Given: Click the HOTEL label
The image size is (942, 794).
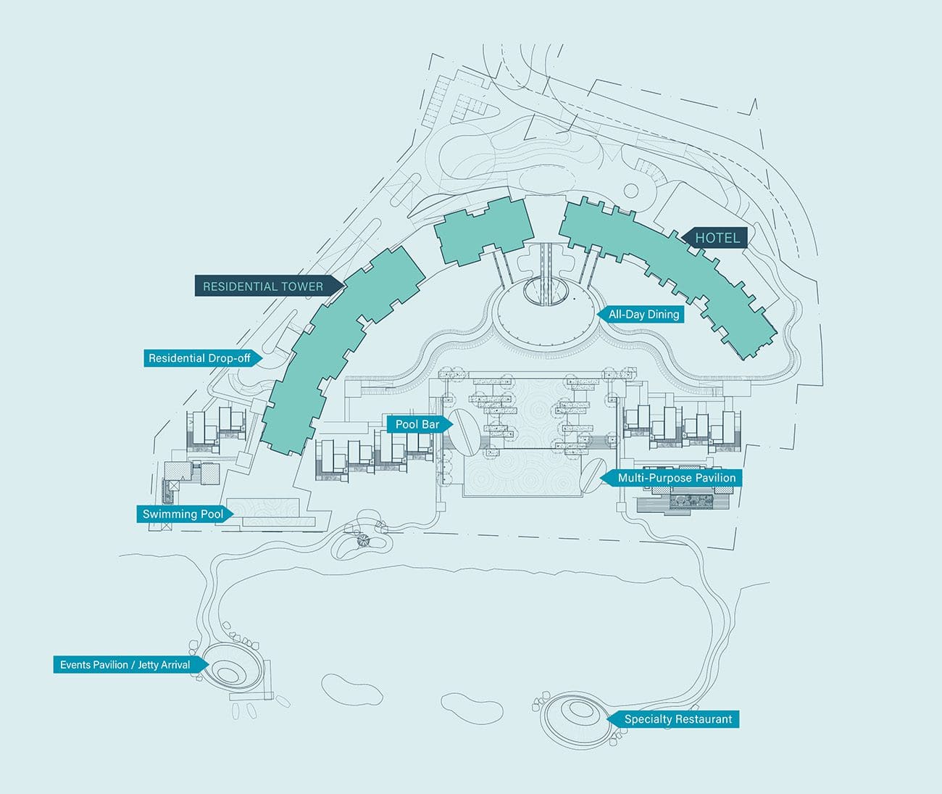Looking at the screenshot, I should pyautogui.click(x=717, y=238).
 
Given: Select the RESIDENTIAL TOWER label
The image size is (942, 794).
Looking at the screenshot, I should pyautogui.click(x=263, y=286).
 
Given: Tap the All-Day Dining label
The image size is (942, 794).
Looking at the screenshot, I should pyautogui.click(x=643, y=315).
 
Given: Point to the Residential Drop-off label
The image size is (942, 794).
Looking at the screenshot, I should pyautogui.click(x=199, y=358).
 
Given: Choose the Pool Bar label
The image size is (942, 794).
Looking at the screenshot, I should pyautogui.click(x=417, y=424).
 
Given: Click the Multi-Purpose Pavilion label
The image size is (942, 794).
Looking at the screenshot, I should pyautogui.click(x=676, y=478).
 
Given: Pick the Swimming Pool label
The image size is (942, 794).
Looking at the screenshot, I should pyautogui.click(x=183, y=514).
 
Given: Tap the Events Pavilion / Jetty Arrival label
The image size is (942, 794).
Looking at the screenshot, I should pyautogui.click(x=125, y=665).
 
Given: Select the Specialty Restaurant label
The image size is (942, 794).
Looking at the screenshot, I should pyautogui.click(x=678, y=719).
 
